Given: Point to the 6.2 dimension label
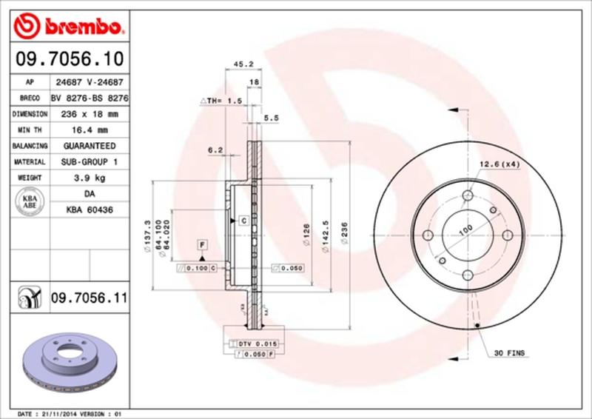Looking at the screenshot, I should pos(215,150).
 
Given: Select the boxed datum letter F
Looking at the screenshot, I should pos(201,244).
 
